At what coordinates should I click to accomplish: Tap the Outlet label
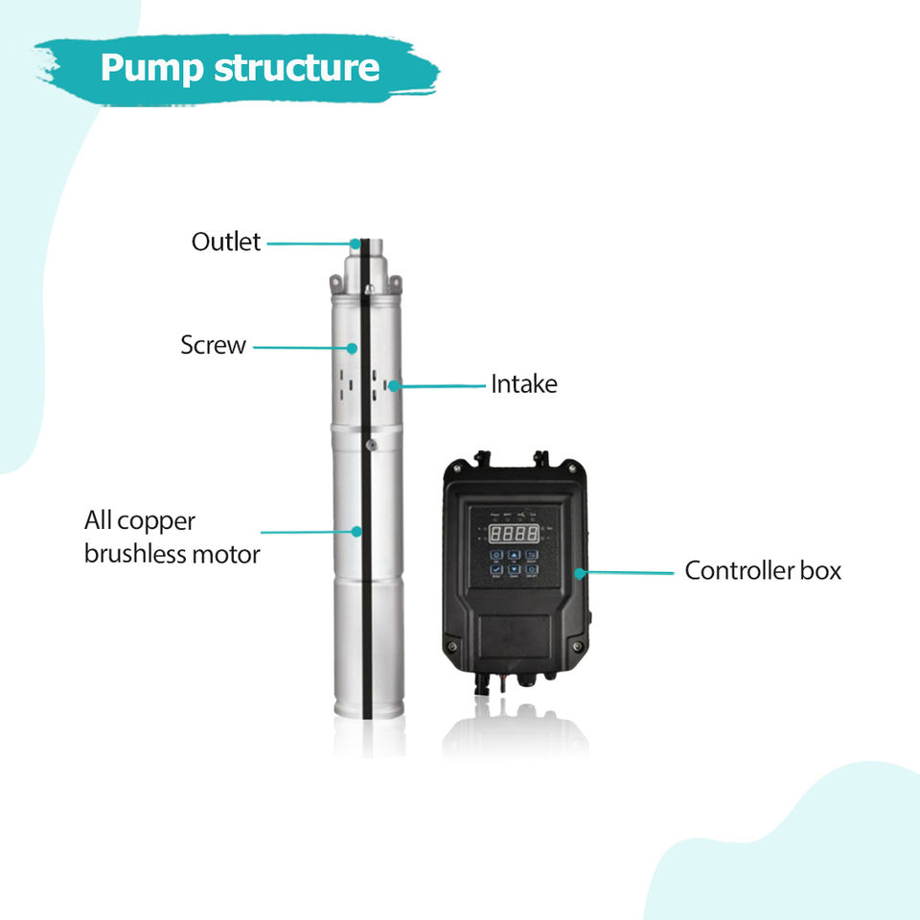point(225,242)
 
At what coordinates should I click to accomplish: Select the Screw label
point(213,345)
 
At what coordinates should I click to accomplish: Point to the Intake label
point(523,385)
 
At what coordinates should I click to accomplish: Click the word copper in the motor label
point(158,521)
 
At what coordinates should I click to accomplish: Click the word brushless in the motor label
point(136,554)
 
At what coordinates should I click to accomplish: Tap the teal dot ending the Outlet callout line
point(356,243)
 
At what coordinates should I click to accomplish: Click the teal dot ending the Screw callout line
point(354,348)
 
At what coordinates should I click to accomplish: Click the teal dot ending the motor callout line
point(356,530)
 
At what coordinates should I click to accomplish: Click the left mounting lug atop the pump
point(335,283)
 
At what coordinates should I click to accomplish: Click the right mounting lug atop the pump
point(394,283)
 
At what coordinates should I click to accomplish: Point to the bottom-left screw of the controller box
point(453,647)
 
